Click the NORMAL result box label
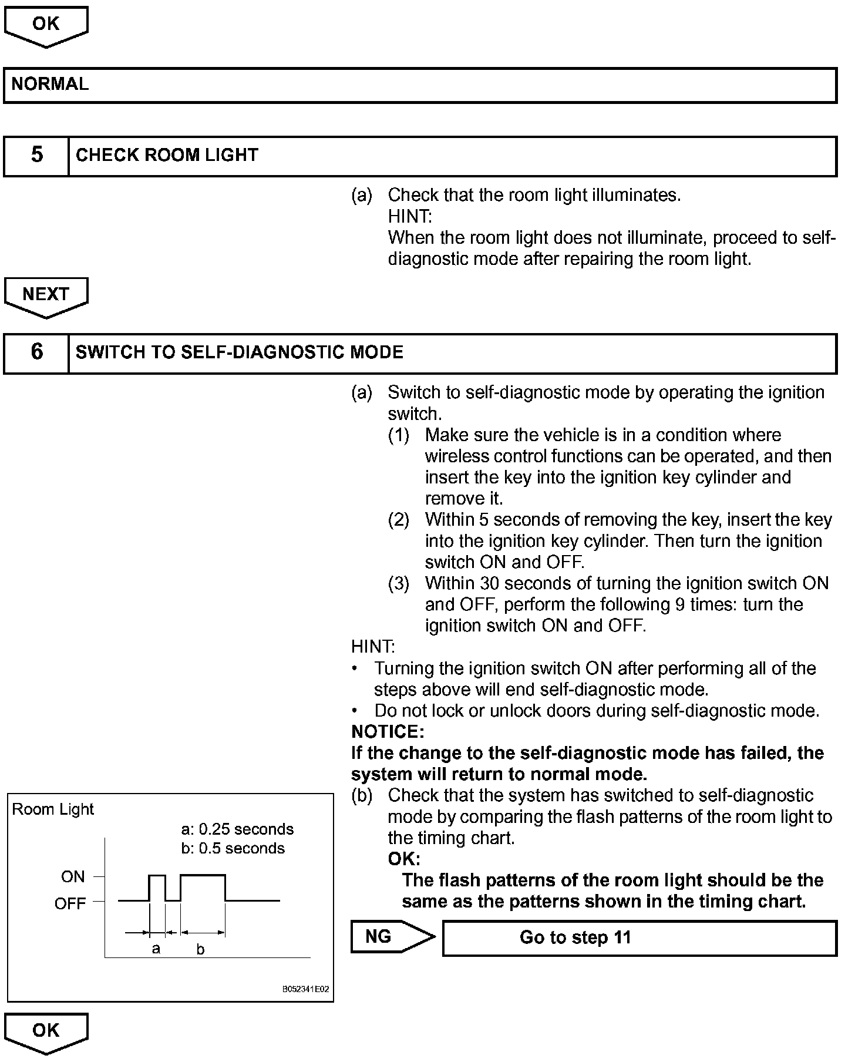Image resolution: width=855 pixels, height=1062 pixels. click(x=50, y=84)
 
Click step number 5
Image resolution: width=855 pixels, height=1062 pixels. click(x=36, y=155)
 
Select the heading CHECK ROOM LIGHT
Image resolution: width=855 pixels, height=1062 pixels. click(x=167, y=155)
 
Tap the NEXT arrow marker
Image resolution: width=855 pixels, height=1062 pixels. click(x=46, y=294)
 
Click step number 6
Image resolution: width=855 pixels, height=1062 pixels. click(x=36, y=352)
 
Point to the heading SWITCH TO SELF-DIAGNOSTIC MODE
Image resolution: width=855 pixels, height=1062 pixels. click(x=240, y=352)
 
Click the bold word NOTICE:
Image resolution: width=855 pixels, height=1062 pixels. click(x=388, y=731)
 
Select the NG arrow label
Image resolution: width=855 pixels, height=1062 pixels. click(x=379, y=936)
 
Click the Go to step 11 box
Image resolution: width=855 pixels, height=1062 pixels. click(x=575, y=937)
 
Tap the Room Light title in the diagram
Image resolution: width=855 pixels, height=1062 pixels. click(x=53, y=809)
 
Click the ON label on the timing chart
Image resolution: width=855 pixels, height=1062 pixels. click(x=73, y=877)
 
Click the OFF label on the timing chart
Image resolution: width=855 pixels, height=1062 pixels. click(x=70, y=903)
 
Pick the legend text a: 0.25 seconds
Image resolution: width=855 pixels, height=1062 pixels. click(x=237, y=829)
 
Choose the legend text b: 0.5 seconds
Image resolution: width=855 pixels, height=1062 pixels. click(x=233, y=849)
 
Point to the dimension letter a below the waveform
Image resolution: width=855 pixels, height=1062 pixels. click(x=156, y=949)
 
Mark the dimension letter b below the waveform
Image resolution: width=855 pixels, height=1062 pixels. click(x=200, y=950)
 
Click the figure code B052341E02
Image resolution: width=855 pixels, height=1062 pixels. click(x=306, y=989)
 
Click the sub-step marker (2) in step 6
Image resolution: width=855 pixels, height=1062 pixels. click(x=399, y=520)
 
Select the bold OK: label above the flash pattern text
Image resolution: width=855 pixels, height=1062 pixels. click(x=404, y=859)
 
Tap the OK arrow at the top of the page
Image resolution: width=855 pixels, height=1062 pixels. click(x=46, y=24)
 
